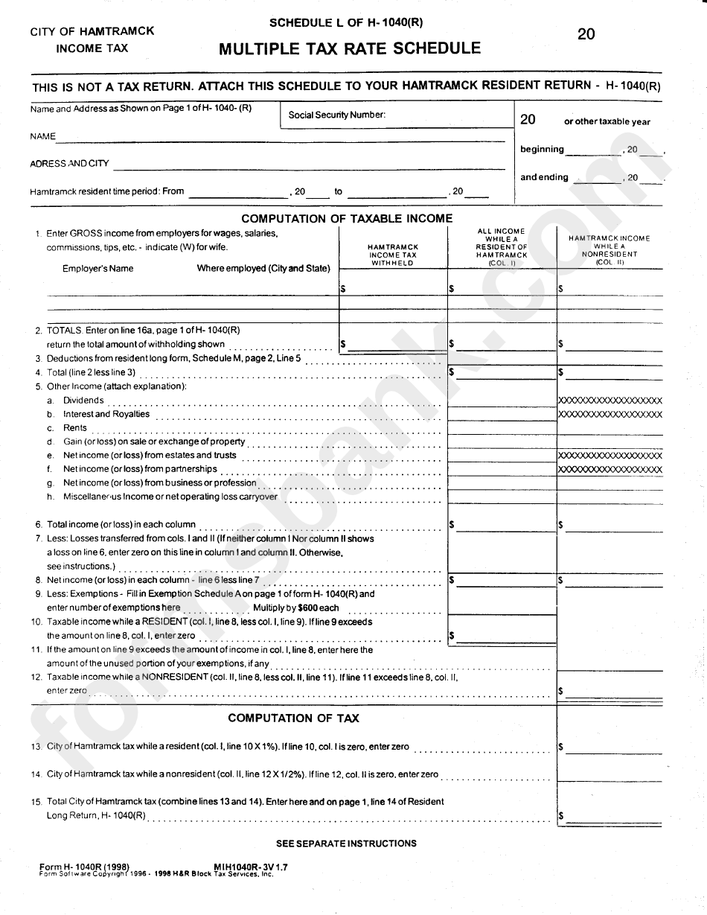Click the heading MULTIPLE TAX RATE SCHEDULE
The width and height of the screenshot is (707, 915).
click(x=349, y=49)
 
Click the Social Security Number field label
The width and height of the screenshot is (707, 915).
click(x=336, y=115)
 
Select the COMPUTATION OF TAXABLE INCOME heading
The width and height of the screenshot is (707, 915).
click(x=347, y=218)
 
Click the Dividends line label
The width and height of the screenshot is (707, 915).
click(x=83, y=401)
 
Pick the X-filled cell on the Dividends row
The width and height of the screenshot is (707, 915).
click(x=610, y=401)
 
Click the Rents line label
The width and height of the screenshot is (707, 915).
click(x=75, y=428)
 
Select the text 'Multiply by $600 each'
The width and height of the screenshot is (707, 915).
click(x=296, y=608)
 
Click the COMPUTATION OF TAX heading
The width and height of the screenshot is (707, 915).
click(x=293, y=718)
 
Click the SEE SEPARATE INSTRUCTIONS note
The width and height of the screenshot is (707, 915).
click(x=346, y=844)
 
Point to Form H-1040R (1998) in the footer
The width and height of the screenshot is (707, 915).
click(x=85, y=867)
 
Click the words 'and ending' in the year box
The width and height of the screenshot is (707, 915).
click(x=544, y=177)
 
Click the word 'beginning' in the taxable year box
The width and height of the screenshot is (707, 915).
click(x=542, y=149)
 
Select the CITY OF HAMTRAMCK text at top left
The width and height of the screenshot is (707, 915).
click(x=92, y=31)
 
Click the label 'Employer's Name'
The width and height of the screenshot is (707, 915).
click(x=98, y=268)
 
